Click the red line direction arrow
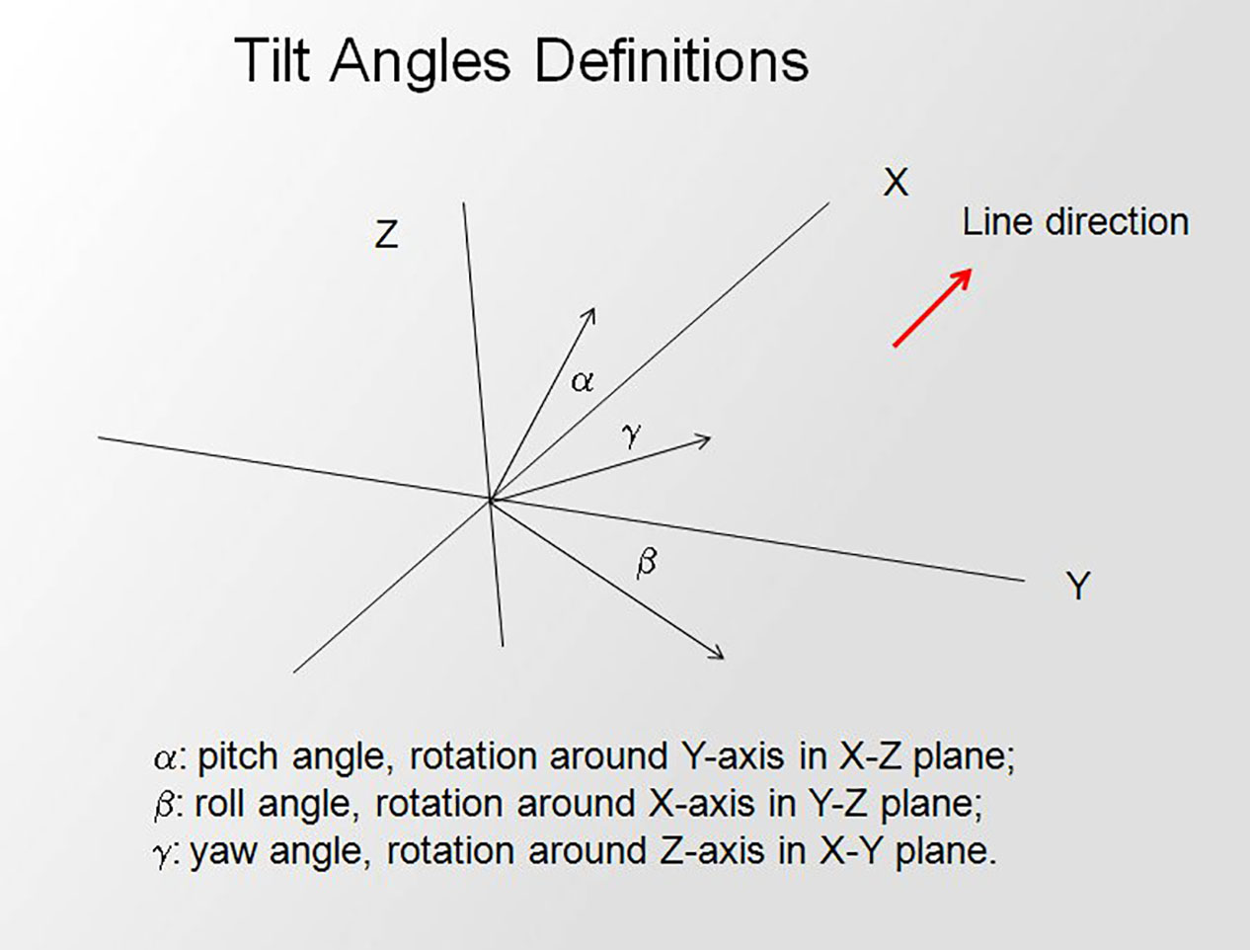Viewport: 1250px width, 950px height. (x=932, y=307)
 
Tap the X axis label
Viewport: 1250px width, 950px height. (x=896, y=183)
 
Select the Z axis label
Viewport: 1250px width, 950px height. (x=386, y=234)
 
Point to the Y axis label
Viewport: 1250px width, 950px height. (x=1078, y=585)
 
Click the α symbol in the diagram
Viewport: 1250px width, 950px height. (x=582, y=381)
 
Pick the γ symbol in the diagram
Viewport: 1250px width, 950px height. (x=632, y=435)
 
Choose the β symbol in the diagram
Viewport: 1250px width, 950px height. (x=647, y=563)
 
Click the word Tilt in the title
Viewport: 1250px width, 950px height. (x=272, y=60)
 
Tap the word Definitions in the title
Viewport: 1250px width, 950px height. (x=671, y=60)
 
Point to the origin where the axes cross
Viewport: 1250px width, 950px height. (x=491, y=500)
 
